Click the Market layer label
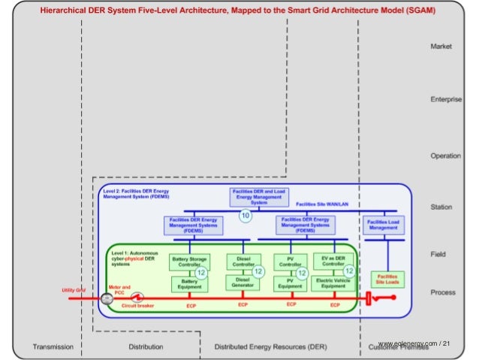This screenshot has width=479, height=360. click(x=441, y=47)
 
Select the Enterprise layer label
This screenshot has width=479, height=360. click(x=445, y=100)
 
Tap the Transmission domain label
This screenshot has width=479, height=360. click(x=53, y=346)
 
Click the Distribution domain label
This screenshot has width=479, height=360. click(x=146, y=346)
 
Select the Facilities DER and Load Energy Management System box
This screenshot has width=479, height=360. click(x=259, y=198)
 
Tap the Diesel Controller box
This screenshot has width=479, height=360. click(x=243, y=262)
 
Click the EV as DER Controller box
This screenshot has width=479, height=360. click(x=333, y=261)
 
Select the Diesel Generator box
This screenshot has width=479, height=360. click(x=243, y=282)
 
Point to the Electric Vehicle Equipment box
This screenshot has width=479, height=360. click(x=333, y=283)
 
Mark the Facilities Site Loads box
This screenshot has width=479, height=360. click(x=388, y=280)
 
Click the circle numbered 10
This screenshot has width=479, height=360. click(x=245, y=216)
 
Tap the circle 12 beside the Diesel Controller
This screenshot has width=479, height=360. click(x=258, y=271)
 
